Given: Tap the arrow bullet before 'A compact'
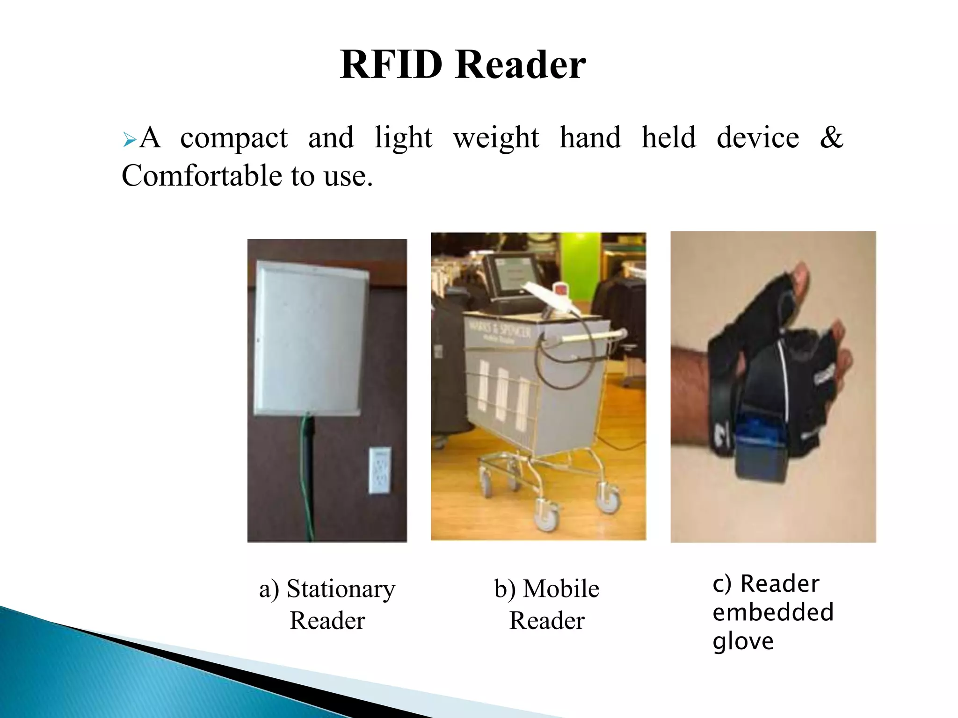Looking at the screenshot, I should tap(129, 139).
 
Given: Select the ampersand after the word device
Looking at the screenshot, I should tap(831, 137).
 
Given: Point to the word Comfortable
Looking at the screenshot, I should tap(202, 176).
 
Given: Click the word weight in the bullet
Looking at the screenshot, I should tap(496, 138).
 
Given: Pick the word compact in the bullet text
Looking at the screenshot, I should tap(234, 138).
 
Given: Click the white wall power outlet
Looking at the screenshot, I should tap(380, 470).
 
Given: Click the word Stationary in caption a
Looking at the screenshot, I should tap(341, 589).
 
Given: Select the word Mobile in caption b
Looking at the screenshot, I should tap(561, 589).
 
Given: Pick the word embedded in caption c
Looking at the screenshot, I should tap(773, 612).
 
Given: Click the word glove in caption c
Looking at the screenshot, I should tap(743, 641).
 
